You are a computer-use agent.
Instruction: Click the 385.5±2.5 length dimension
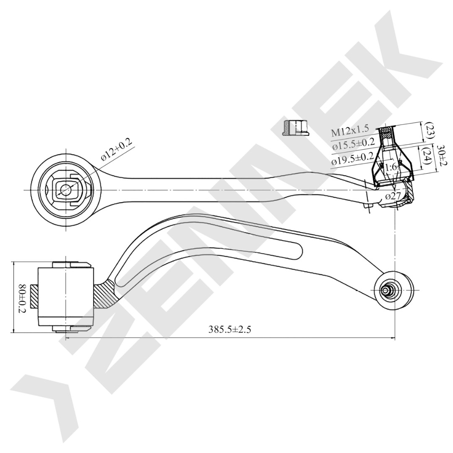tap(230, 329)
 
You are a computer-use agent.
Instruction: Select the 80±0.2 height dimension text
tap(22, 299)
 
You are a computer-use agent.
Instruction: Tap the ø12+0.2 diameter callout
tap(116, 150)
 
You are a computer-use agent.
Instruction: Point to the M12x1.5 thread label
tap(350, 131)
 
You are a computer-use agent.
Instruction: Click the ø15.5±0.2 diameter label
tap(353, 143)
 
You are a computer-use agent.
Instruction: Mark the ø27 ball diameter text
tap(393, 196)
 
